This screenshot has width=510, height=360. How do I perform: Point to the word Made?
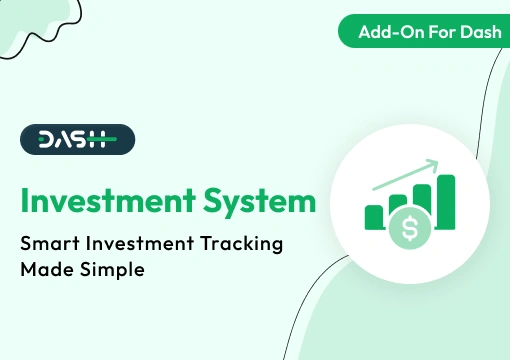pos(47,270)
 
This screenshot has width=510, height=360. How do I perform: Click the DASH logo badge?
pos(76,141)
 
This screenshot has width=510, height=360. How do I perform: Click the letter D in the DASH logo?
pos(45,141)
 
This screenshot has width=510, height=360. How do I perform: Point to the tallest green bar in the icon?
pos(446,201)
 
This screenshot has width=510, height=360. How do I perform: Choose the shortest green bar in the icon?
pos(374,216)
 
